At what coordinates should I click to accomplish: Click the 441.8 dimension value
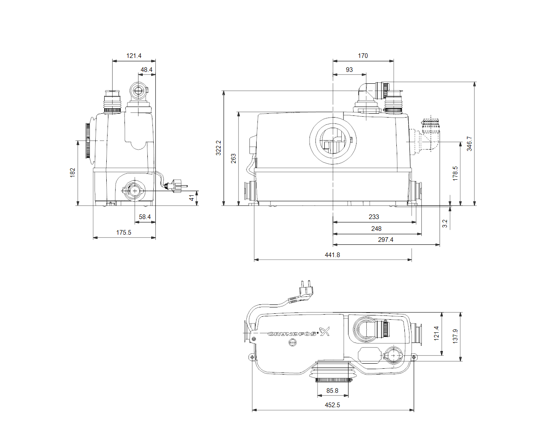pyautogui.click(x=332, y=255)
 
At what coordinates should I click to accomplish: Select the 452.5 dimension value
pyautogui.click(x=332, y=405)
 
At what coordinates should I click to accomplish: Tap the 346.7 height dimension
pyautogui.click(x=469, y=144)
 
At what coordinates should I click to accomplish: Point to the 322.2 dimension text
pyautogui.click(x=218, y=148)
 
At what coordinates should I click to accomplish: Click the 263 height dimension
pyautogui.click(x=233, y=158)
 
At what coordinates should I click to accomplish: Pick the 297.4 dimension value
pyautogui.click(x=385, y=239)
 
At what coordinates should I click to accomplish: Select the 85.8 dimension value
pyautogui.click(x=332, y=390)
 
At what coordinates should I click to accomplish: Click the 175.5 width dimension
pyautogui.click(x=123, y=232)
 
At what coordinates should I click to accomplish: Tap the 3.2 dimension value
pyautogui.click(x=445, y=223)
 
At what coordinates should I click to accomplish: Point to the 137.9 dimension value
pyautogui.click(x=455, y=336)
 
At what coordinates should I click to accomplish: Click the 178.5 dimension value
pyautogui.click(x=455, y=173)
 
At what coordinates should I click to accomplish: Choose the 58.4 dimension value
pyautogui.click(x=144, y=216)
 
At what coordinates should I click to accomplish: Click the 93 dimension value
pyautogui.click(x=349, y=69)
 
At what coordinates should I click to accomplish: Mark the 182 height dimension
pyautogui.click(x=72, y=173)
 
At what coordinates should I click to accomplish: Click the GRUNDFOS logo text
pyautogui.click(x=292, y=334)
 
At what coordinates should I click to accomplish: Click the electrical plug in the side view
pyautogui.click(x=177, y=186)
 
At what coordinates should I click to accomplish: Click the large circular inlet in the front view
pyautogui.click(x=333, y=141)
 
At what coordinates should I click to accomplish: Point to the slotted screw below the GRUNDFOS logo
pyautogui.click(x=293, y=342)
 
